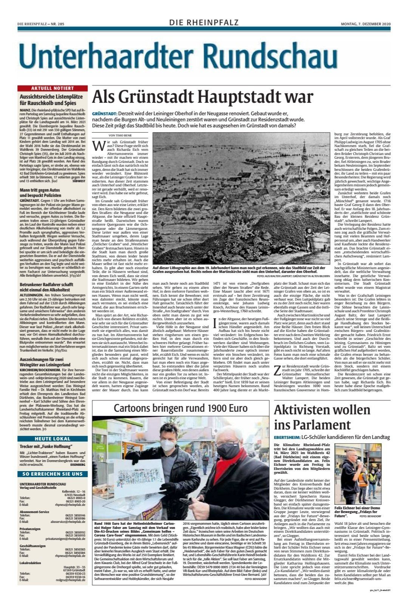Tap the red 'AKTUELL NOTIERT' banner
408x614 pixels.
[x=53, y=88]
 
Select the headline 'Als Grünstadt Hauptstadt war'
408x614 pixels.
[x=202, y=97]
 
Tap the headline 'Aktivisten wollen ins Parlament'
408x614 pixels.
[x=317, y=416]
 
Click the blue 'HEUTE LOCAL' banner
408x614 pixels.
[x=53, y=439]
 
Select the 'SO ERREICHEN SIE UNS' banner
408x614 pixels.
[x=53, y=473]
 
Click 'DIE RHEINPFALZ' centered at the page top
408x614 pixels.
[x=204, y=23]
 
